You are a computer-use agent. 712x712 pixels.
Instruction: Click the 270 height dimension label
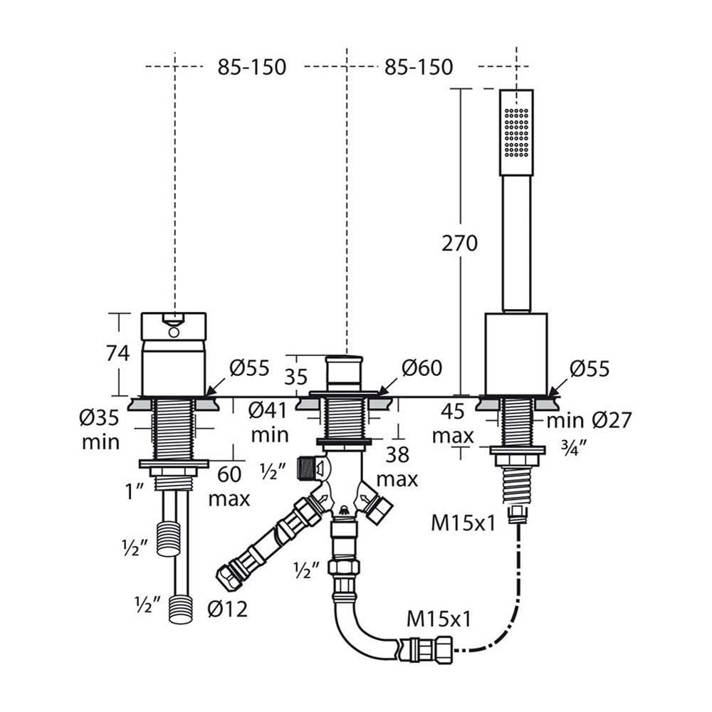[x=460, y=244]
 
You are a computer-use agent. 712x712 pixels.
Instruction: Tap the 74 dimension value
[x=117, y=353]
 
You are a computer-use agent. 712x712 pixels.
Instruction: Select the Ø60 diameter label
[x=422, y=368]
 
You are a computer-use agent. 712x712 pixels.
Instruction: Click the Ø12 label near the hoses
[x=227, y=609]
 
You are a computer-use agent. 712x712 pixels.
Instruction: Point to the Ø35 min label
[x=100, y=431]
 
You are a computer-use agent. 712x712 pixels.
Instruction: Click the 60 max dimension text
[x=229, y=486]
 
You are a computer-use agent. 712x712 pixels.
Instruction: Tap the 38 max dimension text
[x=397, y=466]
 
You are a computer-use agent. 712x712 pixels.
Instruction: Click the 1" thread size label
[x=136, y=489]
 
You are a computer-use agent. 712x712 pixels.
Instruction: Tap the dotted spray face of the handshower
[x=517, y=132]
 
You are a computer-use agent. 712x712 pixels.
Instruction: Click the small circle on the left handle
[x=173, y=331]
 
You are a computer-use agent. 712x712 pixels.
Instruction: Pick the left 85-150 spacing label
[x=251, y=67]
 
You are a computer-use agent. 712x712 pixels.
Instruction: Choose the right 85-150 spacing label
[x=418, y=67]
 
